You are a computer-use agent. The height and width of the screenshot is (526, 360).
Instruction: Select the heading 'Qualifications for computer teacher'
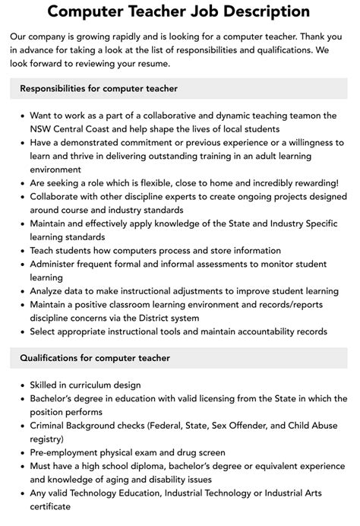click(94, 358)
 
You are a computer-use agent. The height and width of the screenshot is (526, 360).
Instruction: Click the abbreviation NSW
click(43, 128)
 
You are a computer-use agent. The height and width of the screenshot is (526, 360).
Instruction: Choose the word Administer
click(58, 265)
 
